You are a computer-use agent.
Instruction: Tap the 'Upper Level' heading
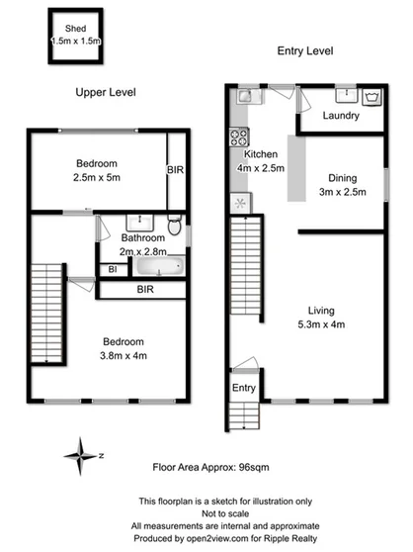(106, 92)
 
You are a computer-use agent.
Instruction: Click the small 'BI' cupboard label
(113, 268)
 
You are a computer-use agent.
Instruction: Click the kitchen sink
(245, 97)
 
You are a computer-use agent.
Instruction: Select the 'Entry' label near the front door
(243, 387)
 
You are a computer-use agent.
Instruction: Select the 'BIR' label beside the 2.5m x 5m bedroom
(175, 170)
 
